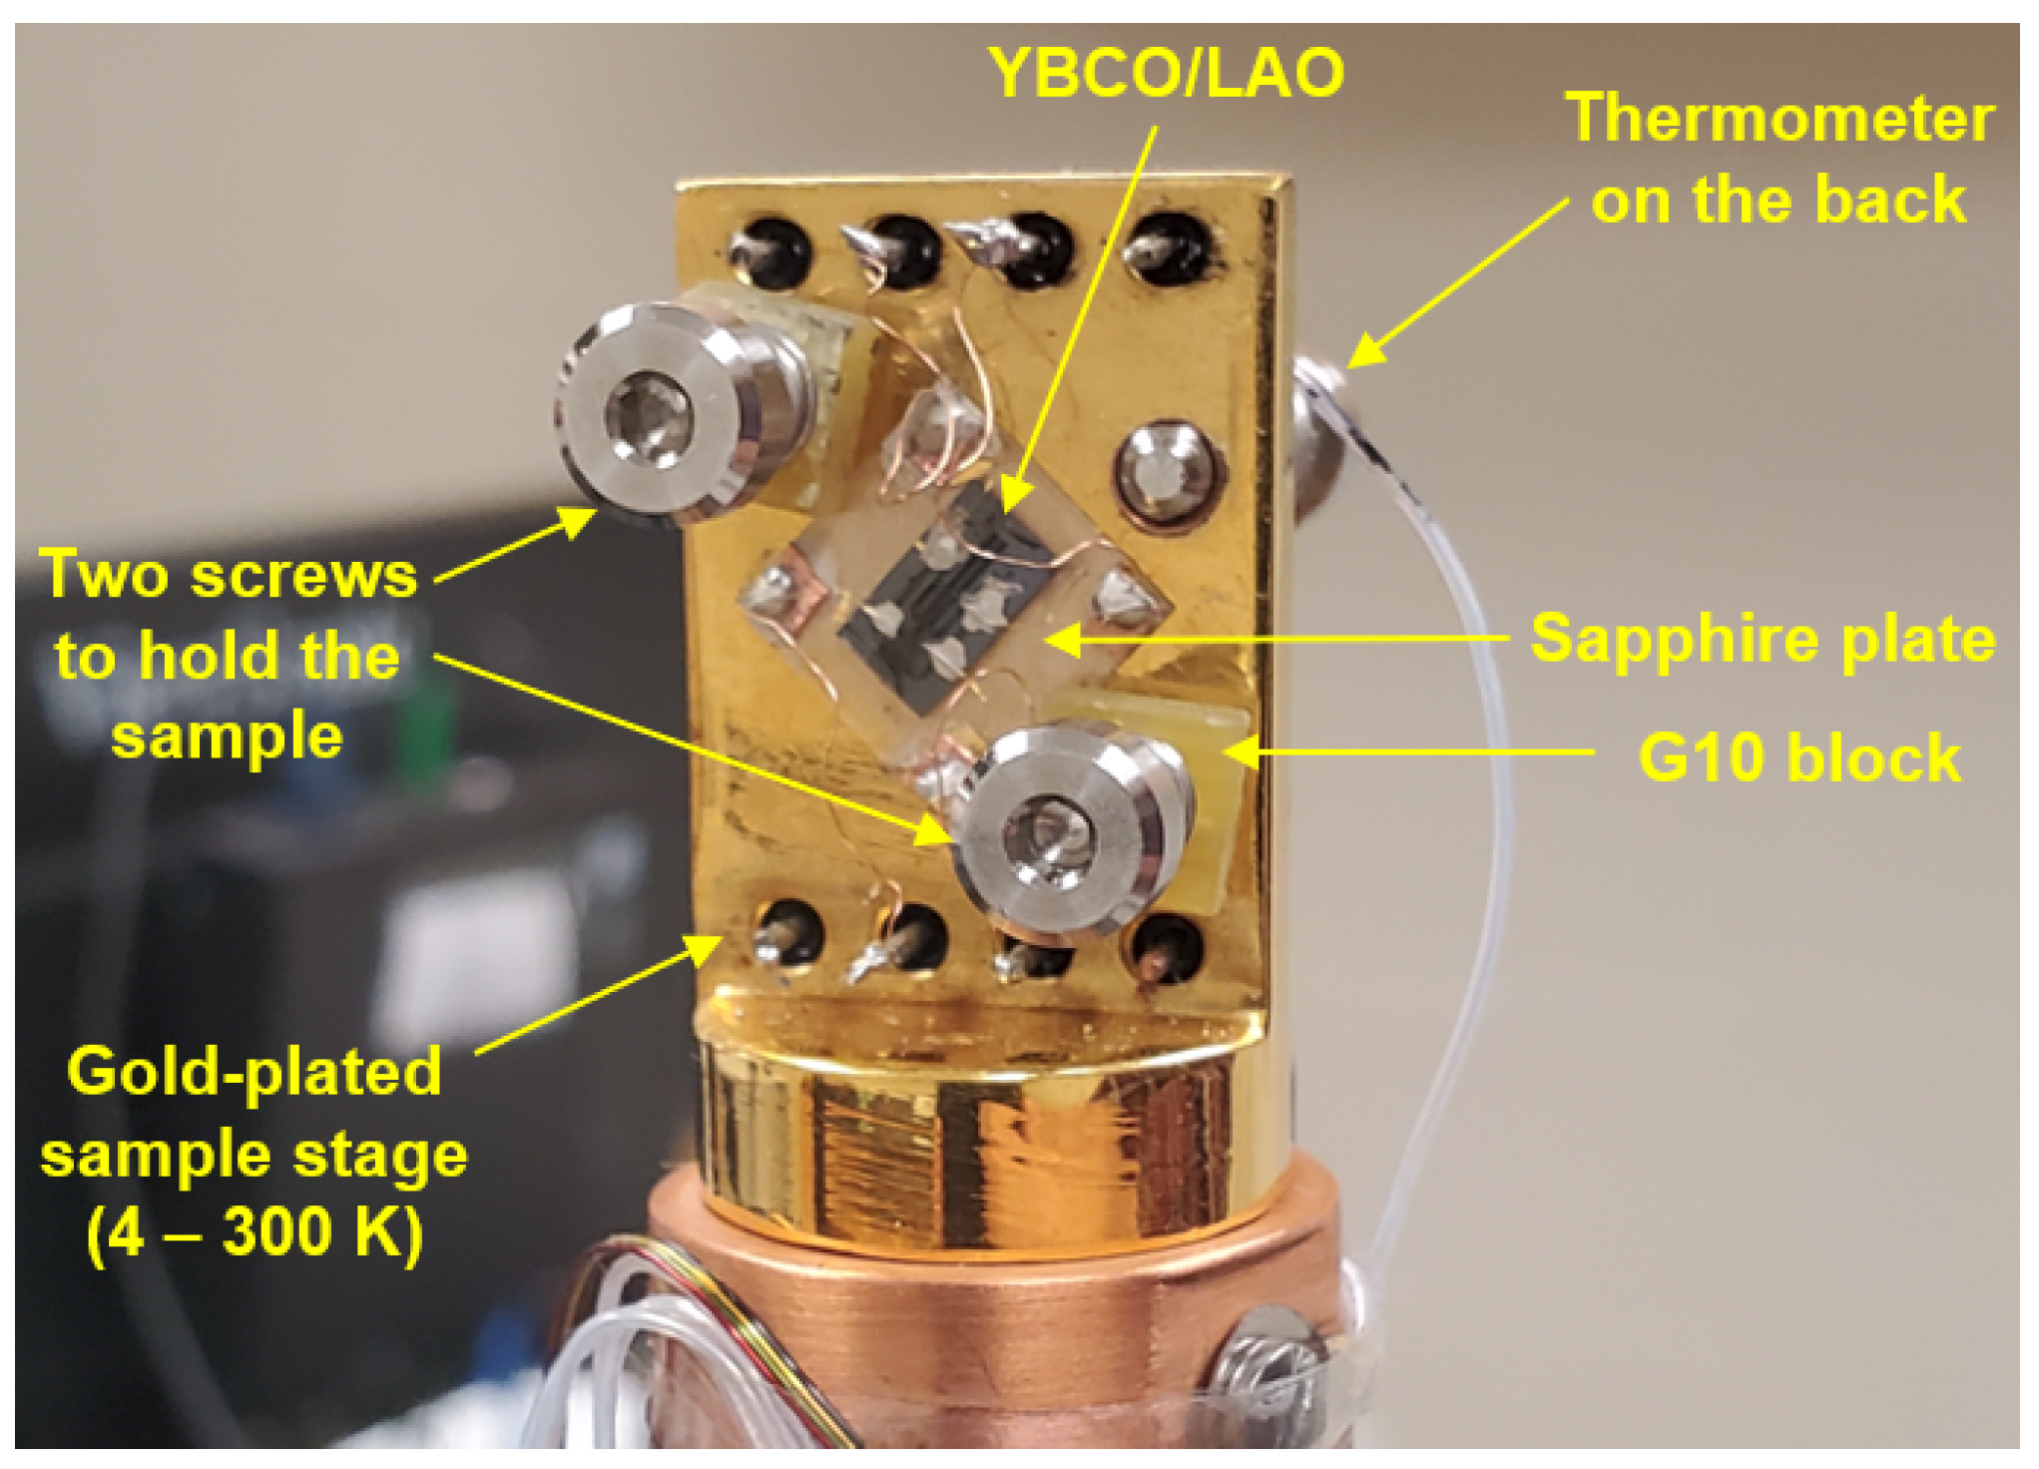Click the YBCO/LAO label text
tap(1166, 72)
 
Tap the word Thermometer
tap(1780, 118)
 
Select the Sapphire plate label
tap(1763, 638)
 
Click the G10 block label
tap(1798, 757)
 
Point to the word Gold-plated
tap(254, 1072)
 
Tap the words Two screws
tap(229, 575)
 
